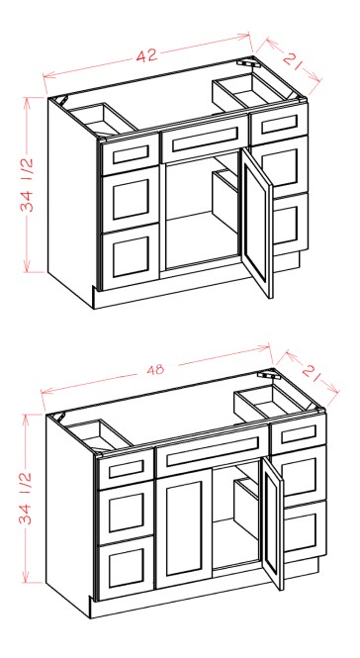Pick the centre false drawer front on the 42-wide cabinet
(206, 141)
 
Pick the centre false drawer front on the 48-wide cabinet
(213, 454)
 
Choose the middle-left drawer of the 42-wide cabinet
(131, 198)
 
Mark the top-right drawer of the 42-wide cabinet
(279, 126)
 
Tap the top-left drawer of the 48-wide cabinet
(123, 467)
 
